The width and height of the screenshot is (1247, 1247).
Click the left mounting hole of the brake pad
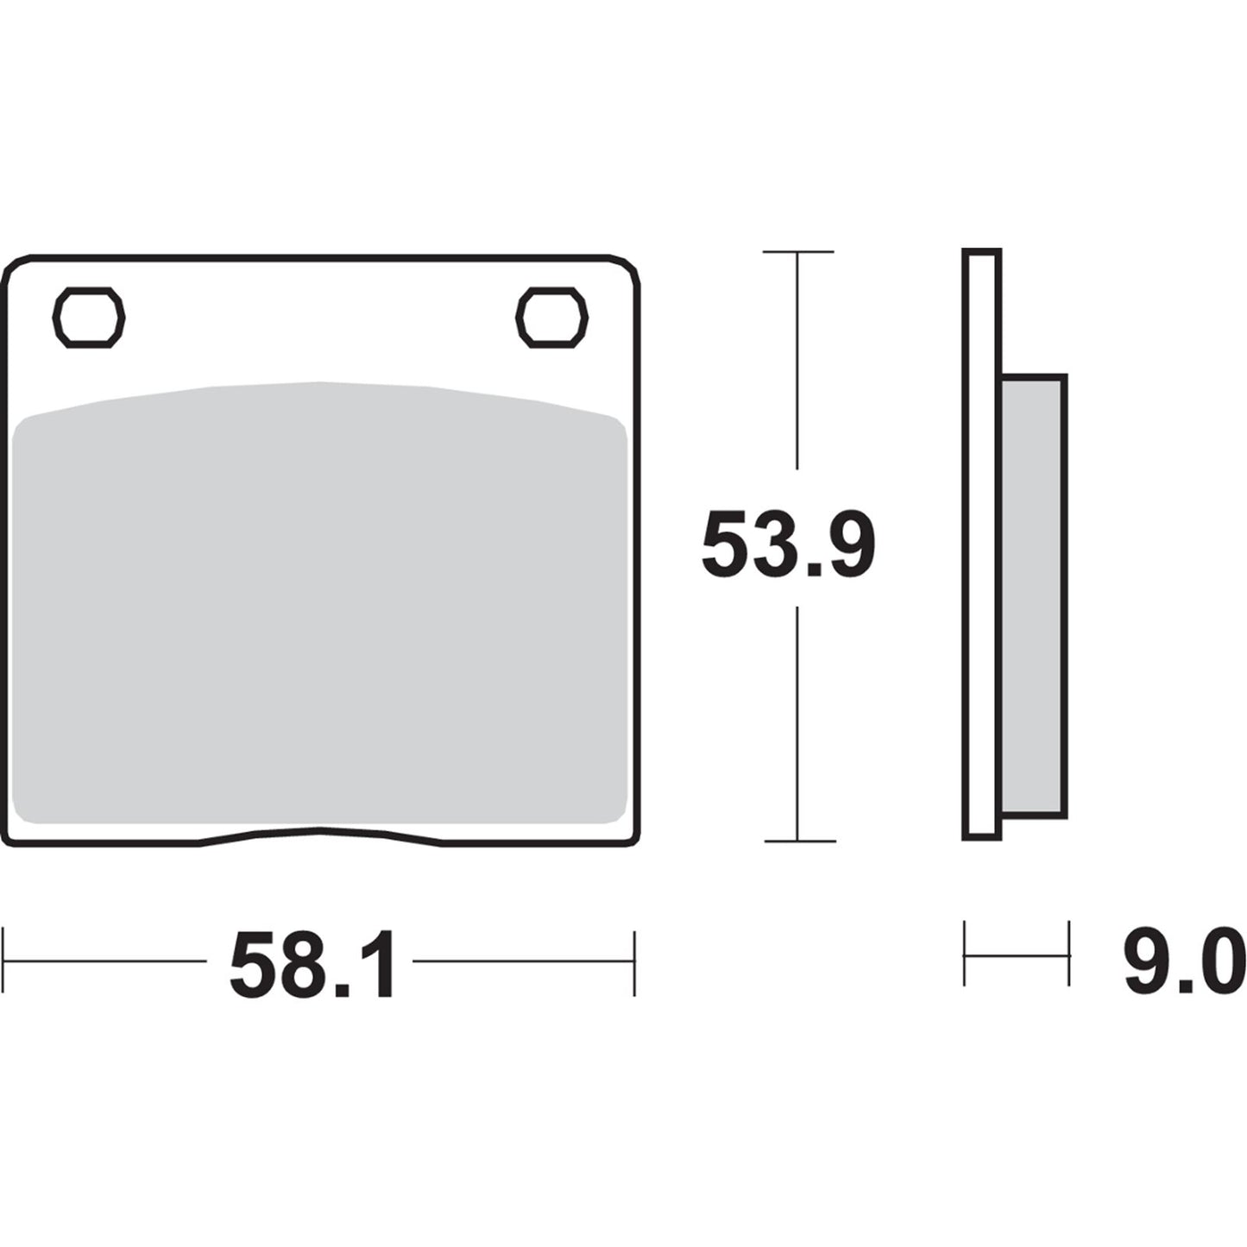tap(89, 318)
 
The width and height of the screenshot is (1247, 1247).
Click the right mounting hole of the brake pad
tap(551, 318)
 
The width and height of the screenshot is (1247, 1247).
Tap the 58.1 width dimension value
tap(312, 964)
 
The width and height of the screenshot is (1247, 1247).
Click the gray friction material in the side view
tap(1034, 595)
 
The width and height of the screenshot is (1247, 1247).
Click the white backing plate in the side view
tap(981, 544)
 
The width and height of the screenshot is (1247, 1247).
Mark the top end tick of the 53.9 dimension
tap(798, 252)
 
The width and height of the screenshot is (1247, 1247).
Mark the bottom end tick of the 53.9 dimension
tap(798, 841)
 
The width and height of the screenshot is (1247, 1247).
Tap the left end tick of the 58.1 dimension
tap(5, 961)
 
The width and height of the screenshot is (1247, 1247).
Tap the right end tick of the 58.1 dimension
tap(634, 961)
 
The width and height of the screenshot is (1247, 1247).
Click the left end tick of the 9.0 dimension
tap(965, 954)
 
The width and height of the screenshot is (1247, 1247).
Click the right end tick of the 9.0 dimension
tap(1068, 954)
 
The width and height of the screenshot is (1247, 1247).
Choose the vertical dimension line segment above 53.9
tap(798, 362)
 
